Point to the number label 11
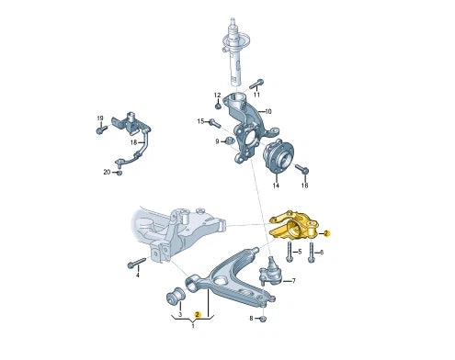tap(256, 95)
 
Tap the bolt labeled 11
tap(257, 82)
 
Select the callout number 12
tap(218, 96)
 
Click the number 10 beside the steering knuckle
tap(268, 112)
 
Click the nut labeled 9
tap(230, 141)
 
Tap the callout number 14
tap(275, 186)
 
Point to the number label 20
tap(107, 172)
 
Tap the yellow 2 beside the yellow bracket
tap(326, 234)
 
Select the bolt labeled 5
tap(289, 252)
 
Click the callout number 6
tap(322, 252)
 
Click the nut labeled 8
tap(263, 318)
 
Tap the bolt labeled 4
tap(132, 264)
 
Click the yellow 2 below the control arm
tap(197, 314)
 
